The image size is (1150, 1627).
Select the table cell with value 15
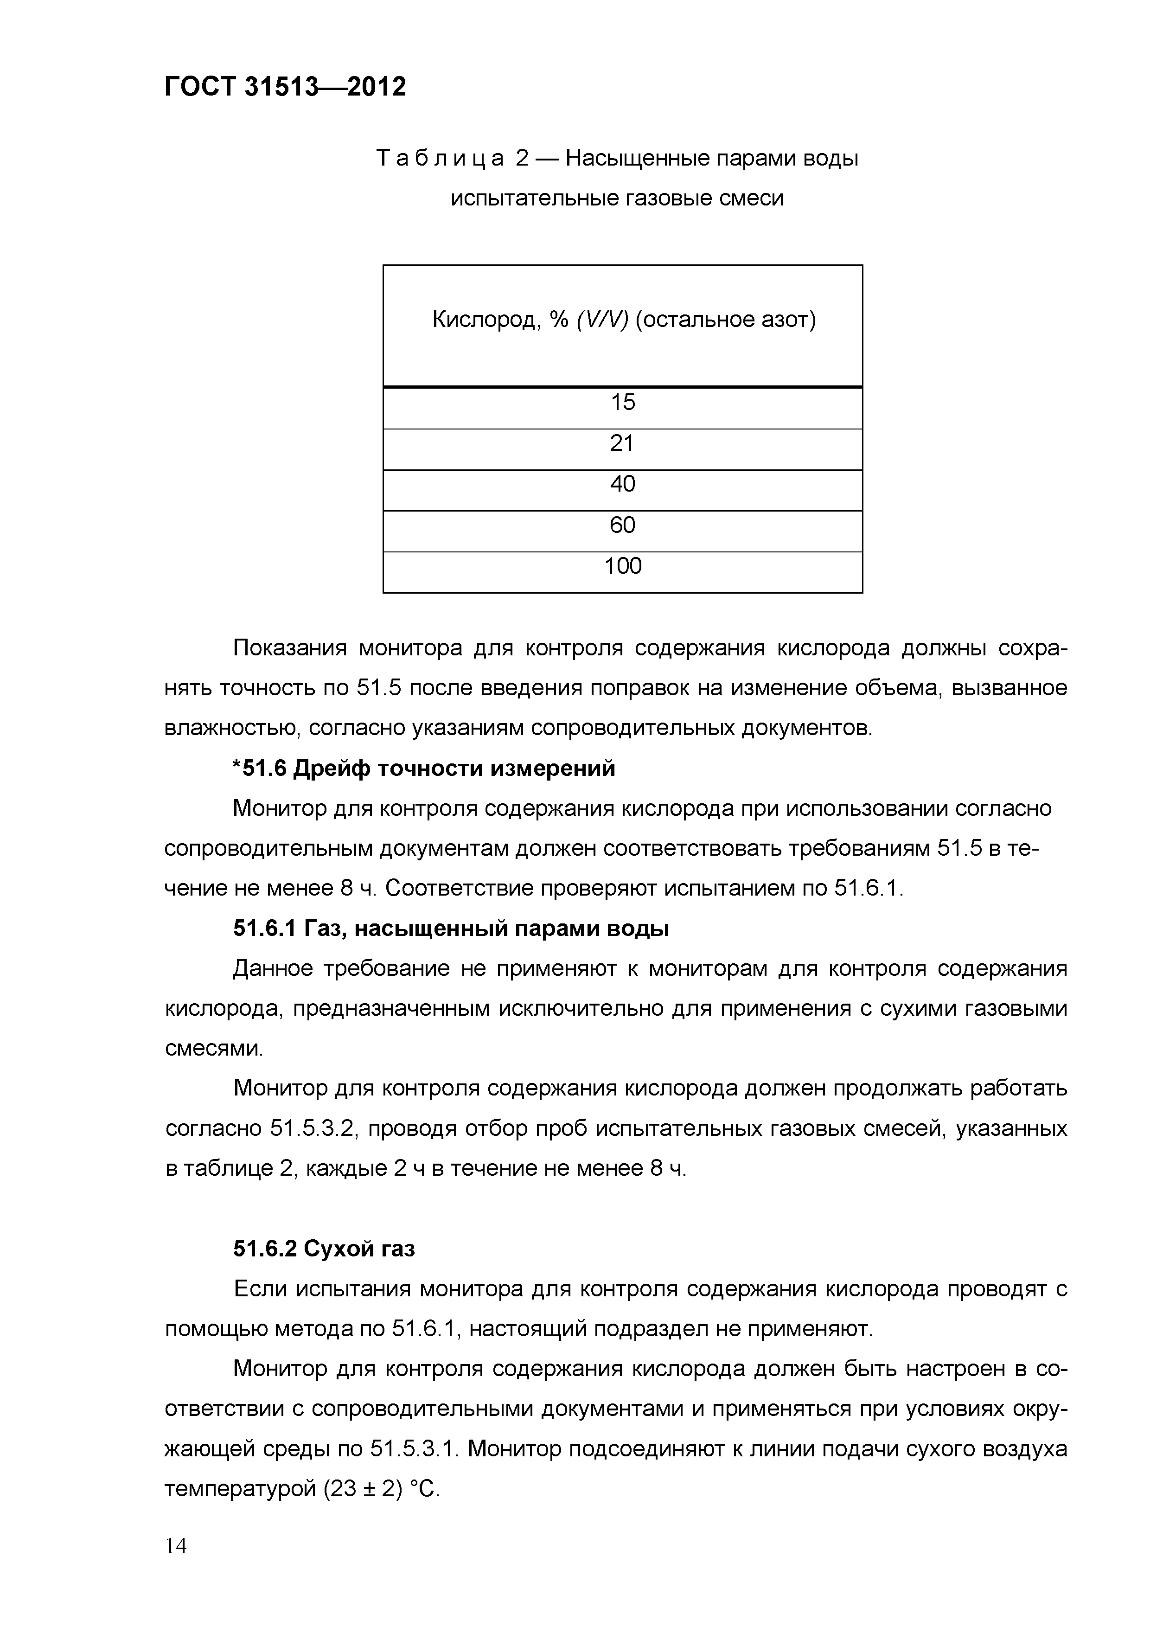(x=622, y=403)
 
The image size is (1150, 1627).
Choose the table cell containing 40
(x=622, y=485)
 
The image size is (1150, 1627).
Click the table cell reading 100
(x=622, y=567)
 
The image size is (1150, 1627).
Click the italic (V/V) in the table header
(x=602, y=321)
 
